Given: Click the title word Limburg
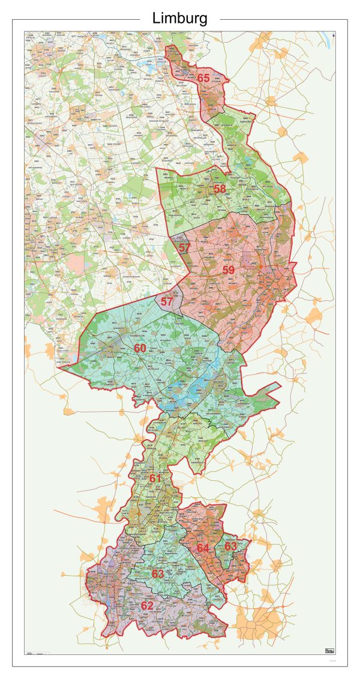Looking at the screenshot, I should (180, 19).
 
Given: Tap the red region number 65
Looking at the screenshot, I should (203, 78).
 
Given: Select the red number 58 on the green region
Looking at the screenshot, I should (220, 189).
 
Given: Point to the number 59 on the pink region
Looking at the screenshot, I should (229, 270).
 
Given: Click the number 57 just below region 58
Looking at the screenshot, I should (184, 247).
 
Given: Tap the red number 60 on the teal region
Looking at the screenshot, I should (140, 348).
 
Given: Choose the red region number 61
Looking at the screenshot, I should (155, 478).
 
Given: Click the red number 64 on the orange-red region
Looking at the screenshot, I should (203, 548).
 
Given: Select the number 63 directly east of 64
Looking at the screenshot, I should (231, 546).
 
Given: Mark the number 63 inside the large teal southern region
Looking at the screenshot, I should (158, 574).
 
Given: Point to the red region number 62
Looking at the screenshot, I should (147, 606).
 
